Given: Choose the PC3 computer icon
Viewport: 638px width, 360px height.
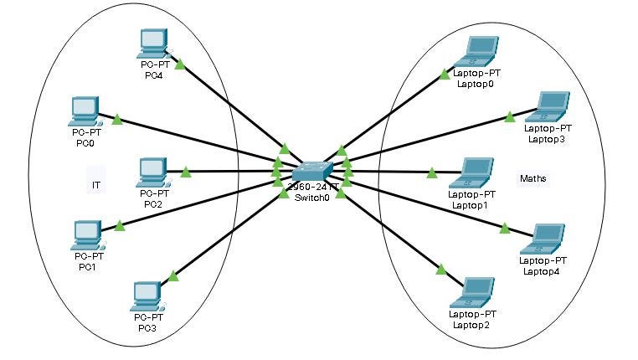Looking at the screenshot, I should coord(147,295).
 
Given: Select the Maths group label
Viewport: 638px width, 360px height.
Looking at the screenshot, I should coord(532,178).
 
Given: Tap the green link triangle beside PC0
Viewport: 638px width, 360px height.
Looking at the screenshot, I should coord(117,121).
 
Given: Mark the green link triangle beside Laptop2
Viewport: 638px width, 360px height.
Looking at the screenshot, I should coord(440,269).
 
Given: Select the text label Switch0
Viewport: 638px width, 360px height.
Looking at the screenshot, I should coord(312,198).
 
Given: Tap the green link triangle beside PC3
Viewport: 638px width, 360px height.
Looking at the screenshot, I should coord(173,276).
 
